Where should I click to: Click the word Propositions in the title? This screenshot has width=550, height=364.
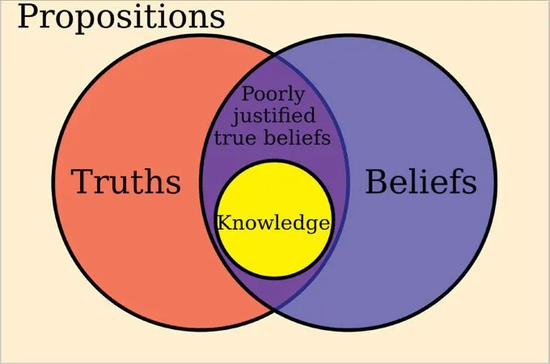[x=121, y=18]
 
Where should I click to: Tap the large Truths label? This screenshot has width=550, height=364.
[x=126, y=181]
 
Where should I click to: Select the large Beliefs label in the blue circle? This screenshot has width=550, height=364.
[x=421, y=181]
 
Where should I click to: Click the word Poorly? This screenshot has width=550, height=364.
[x=273, y=95]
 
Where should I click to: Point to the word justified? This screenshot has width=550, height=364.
[x=273, y=116]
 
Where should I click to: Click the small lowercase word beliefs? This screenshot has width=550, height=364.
[x=297, y=137]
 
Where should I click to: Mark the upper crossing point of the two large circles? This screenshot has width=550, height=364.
[x=275, y=55]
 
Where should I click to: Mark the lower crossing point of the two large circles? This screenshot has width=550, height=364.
[x=275, y=309]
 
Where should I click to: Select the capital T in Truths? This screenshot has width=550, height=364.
[x=82, y=181]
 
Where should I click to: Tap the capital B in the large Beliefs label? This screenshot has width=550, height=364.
[x=376, y=181]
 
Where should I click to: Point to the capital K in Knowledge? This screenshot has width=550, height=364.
[x=225, y=222]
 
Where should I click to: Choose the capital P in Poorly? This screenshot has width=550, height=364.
[x=248, y=94]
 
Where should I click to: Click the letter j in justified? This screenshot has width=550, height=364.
[x=235, y=117]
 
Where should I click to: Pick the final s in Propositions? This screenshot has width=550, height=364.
[x=218, y=20]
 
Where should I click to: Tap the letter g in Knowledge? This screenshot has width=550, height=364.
[x=311, y=226]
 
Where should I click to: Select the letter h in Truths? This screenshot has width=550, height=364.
[x=159, y=181]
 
